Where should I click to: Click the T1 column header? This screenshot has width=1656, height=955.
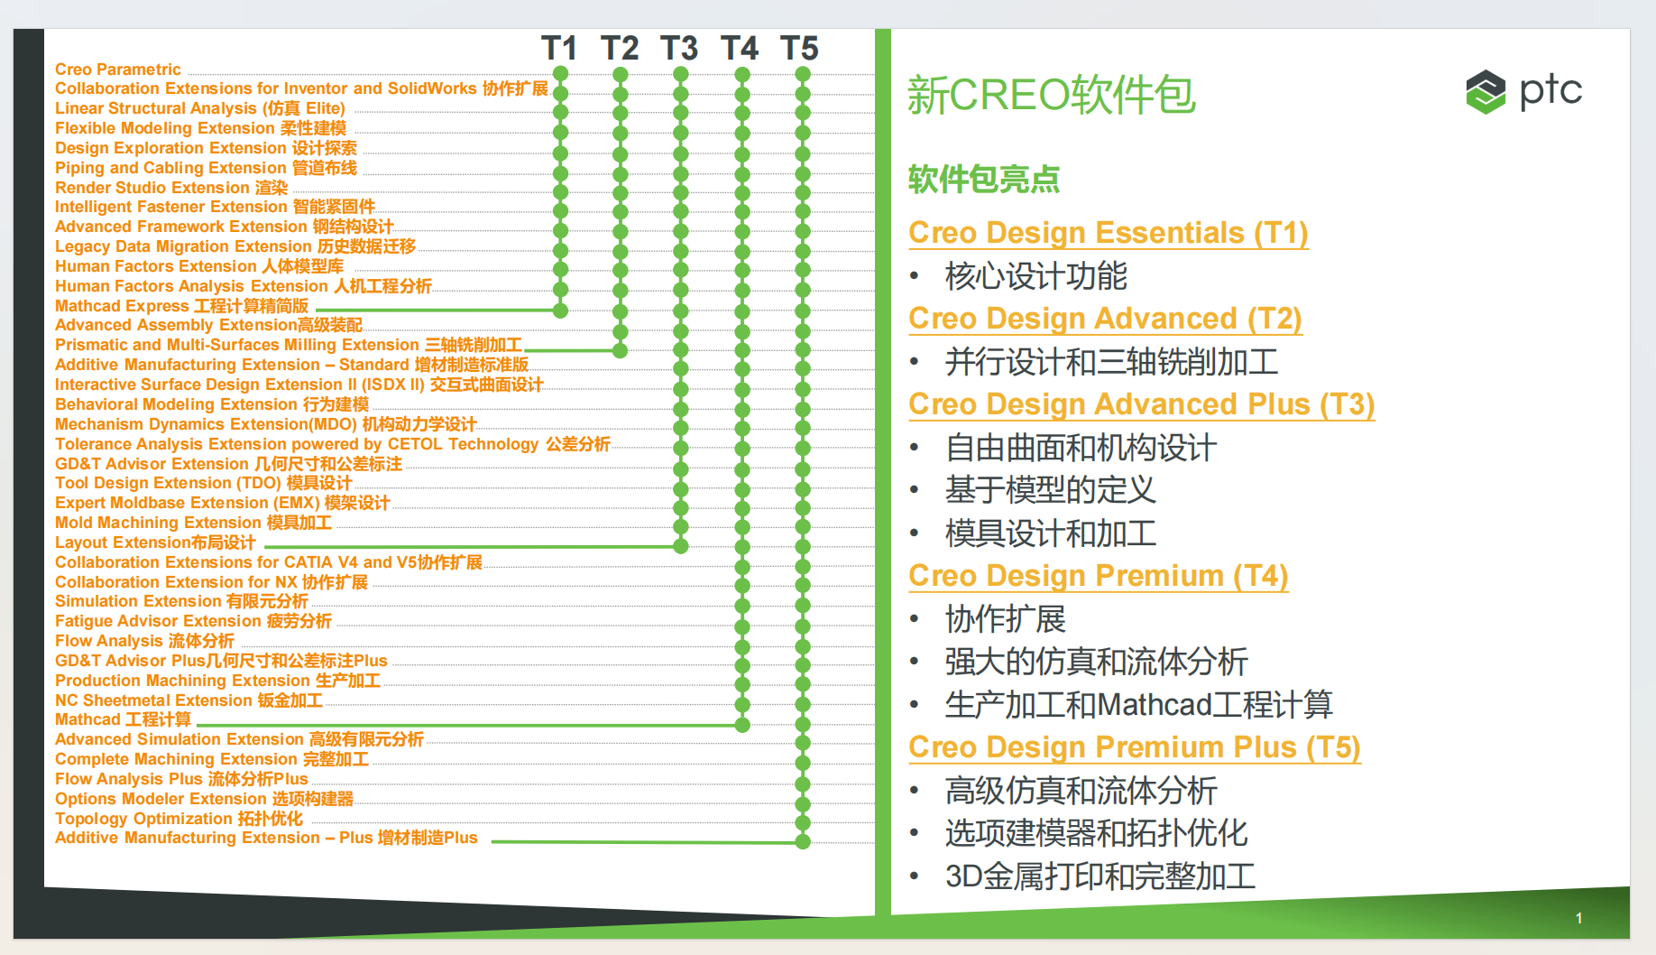559,48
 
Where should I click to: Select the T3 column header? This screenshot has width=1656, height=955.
679,48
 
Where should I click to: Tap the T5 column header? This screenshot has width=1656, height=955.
799,48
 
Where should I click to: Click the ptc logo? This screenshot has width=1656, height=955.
1523,91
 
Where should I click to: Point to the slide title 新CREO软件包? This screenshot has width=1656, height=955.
1052,95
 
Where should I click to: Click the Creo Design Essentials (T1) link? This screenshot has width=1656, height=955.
1109,233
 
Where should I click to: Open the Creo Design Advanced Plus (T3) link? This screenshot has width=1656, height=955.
1142,404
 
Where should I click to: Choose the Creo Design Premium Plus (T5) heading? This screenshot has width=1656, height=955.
1135,747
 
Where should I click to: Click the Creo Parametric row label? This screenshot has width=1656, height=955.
118,70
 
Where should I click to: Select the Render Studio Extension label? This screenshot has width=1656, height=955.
171,188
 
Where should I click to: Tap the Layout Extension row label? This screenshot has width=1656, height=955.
155,542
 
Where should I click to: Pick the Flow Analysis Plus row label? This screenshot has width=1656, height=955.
181,779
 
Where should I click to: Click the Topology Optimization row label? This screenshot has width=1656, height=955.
179,819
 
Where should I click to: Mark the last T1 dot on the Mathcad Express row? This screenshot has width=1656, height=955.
560,311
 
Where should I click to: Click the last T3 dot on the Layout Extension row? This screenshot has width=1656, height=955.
681,546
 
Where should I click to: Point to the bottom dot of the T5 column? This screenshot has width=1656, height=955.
803,842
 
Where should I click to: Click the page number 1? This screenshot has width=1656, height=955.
1578,918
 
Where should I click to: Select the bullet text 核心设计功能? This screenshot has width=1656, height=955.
1036,276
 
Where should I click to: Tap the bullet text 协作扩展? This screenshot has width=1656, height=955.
1006,619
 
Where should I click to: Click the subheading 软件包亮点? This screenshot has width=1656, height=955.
984,180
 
